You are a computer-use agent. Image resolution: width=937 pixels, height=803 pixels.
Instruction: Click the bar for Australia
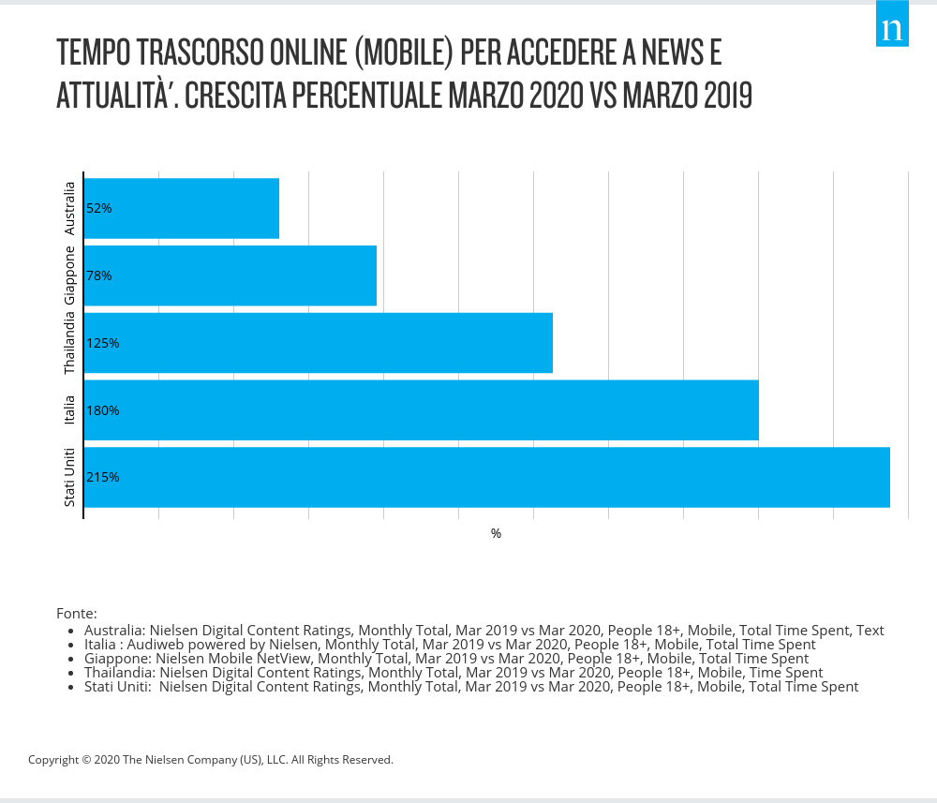pyautogui.click(x=182, y=208)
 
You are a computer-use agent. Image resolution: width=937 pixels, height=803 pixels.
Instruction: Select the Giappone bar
pyautogui.click(x=231, y=275)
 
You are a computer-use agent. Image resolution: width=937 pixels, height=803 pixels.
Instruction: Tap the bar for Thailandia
pyautogui.click(x=319, y=343)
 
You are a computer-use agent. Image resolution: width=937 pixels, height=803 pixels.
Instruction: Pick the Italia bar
pyautogui.click(x=422, y=410)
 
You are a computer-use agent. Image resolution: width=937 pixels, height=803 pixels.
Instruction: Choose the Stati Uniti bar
pyautogui.click(x=487, y=477)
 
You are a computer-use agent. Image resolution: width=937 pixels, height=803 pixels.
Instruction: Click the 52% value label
pyautogui.click(x=98, y=208)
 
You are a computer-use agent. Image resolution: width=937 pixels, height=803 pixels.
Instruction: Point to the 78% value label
pyautogui.click(x=98, y=275)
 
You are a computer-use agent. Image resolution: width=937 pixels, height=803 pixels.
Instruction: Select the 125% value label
pyautogui.click(x=102, y=343)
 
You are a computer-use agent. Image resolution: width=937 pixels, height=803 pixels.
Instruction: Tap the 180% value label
pyautogui.click(x=102, y=410)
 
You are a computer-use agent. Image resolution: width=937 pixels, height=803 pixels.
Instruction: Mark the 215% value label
pyautogui.click(x=102, y=477)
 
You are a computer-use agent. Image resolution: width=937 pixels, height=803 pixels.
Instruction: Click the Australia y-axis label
pyautogui.click(x=70, y=208)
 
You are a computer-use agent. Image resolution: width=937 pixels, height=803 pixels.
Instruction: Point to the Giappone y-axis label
pyautogui.click(x=70, y=275)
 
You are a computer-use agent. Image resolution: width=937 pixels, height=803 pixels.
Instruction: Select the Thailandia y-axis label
pyautogui.click(x=70, y=343)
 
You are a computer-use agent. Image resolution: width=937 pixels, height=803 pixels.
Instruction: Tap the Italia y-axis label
pyautogui.click(x=70, y=410)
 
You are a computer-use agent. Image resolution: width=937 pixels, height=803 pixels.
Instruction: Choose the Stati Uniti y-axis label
pyautogui.click(x=70, y=478)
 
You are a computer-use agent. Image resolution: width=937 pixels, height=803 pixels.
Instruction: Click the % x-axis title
pyautogui.click(x=496, y=533)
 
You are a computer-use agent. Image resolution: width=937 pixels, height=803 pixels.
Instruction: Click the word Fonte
pyautogui.click(x=76, y=614)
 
